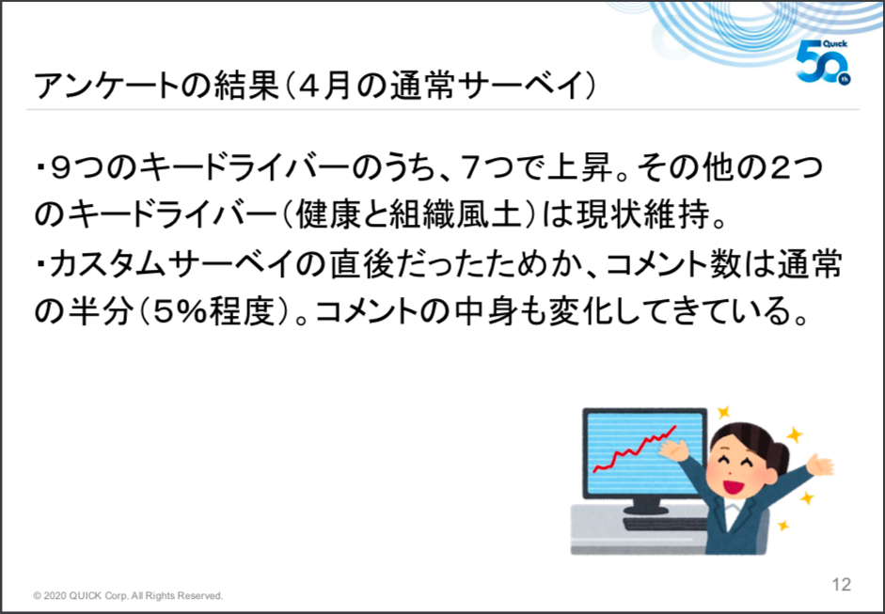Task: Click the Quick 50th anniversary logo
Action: (x=823, y=62)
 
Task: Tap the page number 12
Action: (x=841, y=584)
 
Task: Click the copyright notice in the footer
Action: (x=128, y=596)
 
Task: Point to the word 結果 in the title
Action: (x=247, y=87)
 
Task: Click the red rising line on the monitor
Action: (x=634, y=449)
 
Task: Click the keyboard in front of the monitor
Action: (x=665, y=525)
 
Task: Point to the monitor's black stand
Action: (x=647, y=506)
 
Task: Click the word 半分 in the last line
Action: (x=98, y=312)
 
